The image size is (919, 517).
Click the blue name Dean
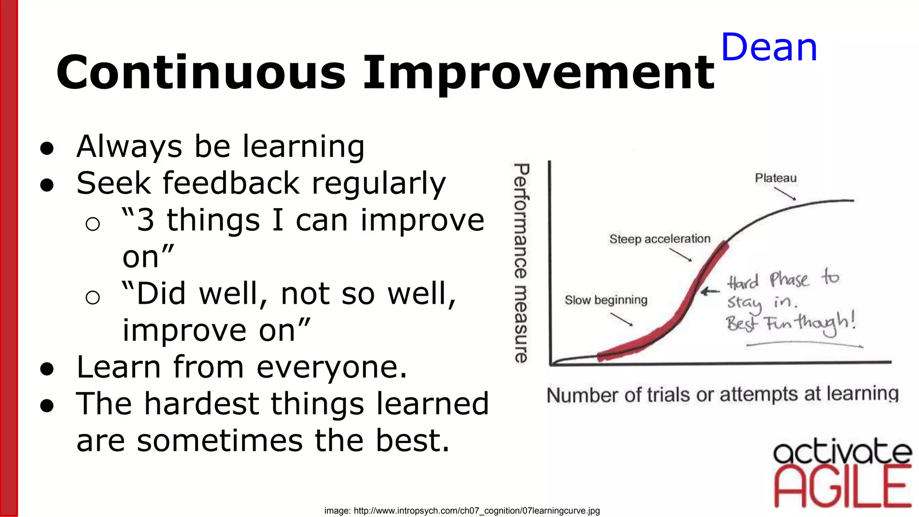(x=769, y=48)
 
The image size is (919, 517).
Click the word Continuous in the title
(x=201, y=73)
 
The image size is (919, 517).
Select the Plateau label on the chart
(x=775, y=178)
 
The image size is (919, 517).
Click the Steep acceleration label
(x=660, y=239)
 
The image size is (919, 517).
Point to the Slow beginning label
(x=606, y=300)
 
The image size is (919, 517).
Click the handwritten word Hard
(x=743, y=282)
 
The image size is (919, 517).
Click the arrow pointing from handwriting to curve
(x=710, y=292)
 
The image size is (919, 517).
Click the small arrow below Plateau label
(x=785, y=193)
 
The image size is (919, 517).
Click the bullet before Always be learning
(x=47, y=148)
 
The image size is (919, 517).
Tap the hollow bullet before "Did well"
(x=92, y=297)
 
